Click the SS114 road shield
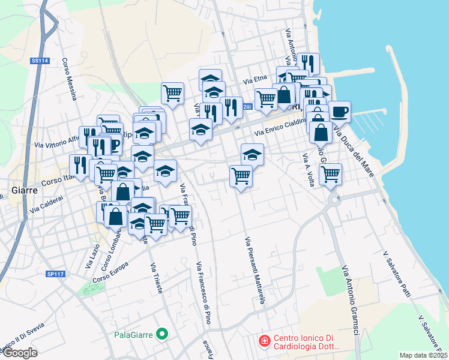pyautogui.click(x=40, y=61)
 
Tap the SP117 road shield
pyautogui.click(x=55, y=274)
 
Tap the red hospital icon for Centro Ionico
pyautogui.click(x=263, y=341)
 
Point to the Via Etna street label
pyautogui.click(x=255, y=79)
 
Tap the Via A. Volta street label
pyautogui.click(x=309, y=170)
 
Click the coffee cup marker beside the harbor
pyautogui.click(x=339, y=111)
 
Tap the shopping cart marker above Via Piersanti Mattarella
pyautogui.click(x=241, y=176)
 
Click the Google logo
pyautogui.click(x=20, y=353)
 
